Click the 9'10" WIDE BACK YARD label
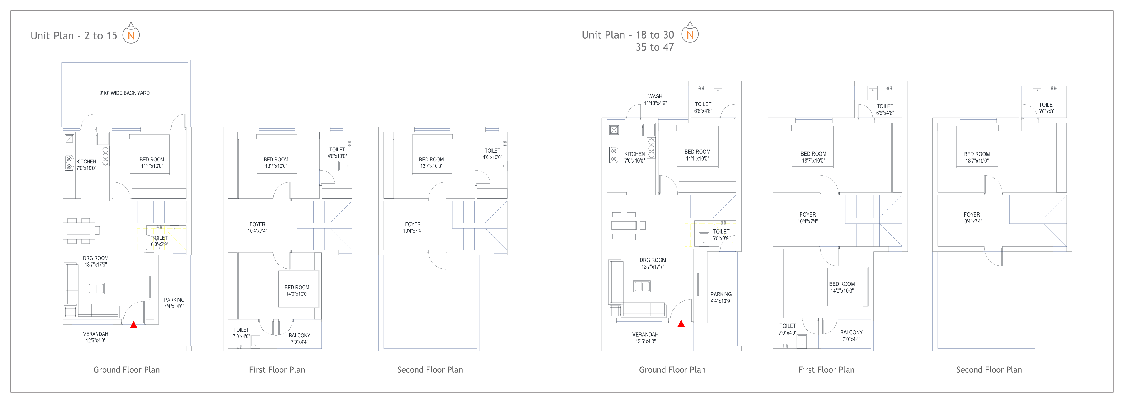124,93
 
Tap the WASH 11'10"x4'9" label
655,100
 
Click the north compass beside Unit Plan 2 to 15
131,33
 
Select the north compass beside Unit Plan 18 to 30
690,32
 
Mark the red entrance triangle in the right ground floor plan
681,323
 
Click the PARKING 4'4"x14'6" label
174,303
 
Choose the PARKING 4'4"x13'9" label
721,297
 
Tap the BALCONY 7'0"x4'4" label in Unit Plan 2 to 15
299,339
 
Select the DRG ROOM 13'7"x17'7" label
653,263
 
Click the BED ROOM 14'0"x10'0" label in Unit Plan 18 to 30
842,287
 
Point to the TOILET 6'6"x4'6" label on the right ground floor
703,108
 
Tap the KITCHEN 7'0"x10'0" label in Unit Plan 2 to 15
86,165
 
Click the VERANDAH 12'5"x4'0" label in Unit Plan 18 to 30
645,338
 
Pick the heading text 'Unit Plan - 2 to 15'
74,36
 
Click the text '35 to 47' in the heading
654,47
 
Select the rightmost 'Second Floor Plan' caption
989,370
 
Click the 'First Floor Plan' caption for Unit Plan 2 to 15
277,370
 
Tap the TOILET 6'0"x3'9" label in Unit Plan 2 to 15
160,241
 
